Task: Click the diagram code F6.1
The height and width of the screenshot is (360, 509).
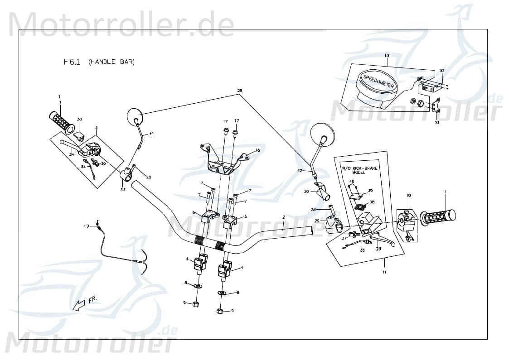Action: [x=72, y=62]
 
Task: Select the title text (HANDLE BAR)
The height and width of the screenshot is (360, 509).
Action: [x=111, y=62]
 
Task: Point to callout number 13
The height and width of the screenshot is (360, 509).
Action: [x=387, y=56]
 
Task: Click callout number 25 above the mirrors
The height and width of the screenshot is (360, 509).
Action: [x=240, y=91]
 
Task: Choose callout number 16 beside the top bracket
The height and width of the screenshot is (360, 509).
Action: [x=257, y=150]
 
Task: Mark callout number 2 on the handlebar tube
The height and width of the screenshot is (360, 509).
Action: [x=283, y=217]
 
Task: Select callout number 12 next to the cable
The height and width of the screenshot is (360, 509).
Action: [x=86, y=226]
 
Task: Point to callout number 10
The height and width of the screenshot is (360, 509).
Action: [x=408, y=195]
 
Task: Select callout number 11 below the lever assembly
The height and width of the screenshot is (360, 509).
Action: [x=384, y=272]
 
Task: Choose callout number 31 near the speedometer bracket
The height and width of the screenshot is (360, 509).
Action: [x=437, y=122]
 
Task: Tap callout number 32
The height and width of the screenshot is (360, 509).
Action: [x=442, y=71]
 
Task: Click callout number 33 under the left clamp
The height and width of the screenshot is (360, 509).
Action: [x=123, y=190]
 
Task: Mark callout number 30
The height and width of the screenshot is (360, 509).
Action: [x=79, y=119]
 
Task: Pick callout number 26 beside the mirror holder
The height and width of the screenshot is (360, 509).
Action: [x=306, y=192]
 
